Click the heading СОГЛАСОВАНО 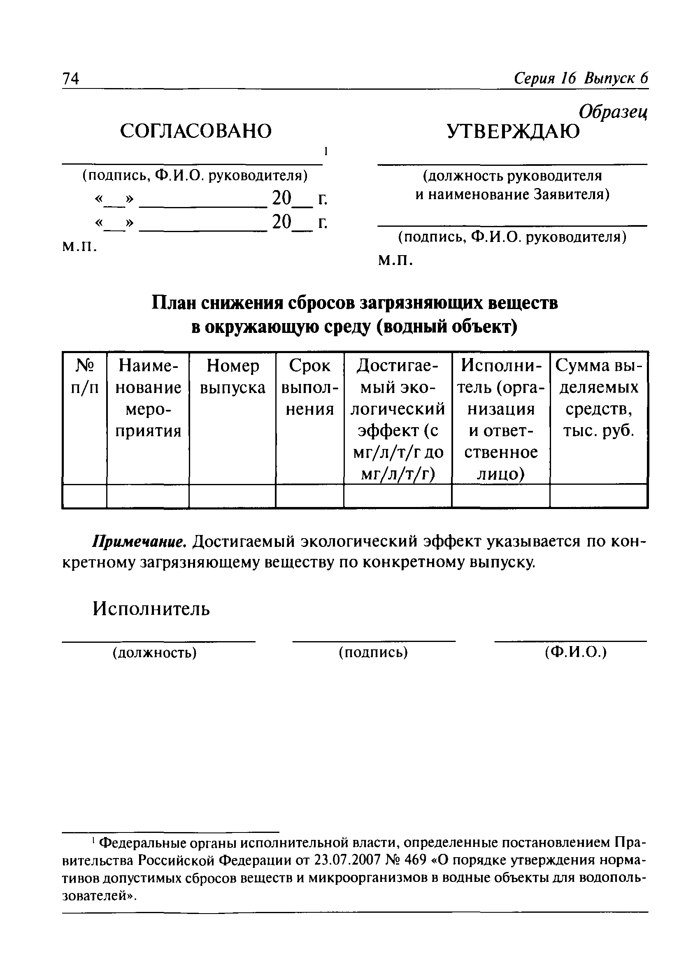pyautogui.click(x=196, y=131)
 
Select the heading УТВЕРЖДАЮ pyautogui.click(x=513, y=131)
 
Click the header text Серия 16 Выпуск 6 pyautogui.click(x=581, y=78)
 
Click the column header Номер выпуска pyautogui.click(x=233, y=377)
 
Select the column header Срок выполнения pyautogui.click(x=309, y=387)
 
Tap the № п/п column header pyautogui.click(x=84, y=377)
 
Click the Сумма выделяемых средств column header pyautogui.click(x=598, y=398)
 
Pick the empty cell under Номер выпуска pyautogui.click(x=233, y=496)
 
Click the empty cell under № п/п pyautogui.click(x=84, y=496)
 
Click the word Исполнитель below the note pyautogui.click(x=151, y=608)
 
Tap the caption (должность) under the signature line pyautogui.click(x=154, y=653)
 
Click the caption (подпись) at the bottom pyautogui.click(x=373, y=653)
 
